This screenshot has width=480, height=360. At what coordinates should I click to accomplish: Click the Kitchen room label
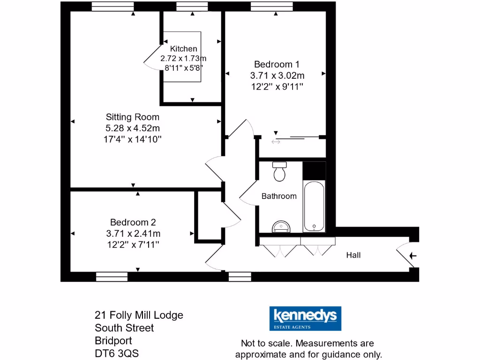click(x=183, y=49)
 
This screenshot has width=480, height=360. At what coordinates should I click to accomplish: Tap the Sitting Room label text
click(x=132, y=117)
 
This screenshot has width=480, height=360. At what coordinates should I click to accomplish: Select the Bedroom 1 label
click(x=277, y=64)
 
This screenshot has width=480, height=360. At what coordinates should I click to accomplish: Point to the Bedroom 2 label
click(x=133, y=223)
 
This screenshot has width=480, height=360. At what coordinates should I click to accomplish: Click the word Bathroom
click(x=279, y=196)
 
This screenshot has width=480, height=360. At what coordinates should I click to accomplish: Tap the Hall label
click(x=353, y=255)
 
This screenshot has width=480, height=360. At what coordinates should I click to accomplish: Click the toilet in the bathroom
click(x=280, y=172)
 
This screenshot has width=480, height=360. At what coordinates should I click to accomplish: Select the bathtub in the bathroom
click(x=314, y=207)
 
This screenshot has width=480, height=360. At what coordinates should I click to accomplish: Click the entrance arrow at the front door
click(x=413, y=256)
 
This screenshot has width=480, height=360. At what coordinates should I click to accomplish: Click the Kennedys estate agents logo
click(x=305, y=319)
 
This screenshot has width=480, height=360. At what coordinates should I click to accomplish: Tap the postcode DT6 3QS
click(x=117, y=353)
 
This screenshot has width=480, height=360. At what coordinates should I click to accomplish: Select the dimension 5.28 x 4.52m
click(x=132, y=128)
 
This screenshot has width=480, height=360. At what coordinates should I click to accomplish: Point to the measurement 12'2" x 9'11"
click(x=277, y=86)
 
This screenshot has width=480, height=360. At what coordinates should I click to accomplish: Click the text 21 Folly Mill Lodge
click(x=139, y=315)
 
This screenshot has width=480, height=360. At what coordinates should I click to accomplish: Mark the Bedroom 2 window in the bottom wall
click(x=112, y=277)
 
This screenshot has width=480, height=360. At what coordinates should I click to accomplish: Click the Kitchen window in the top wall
click(x=192, y=6)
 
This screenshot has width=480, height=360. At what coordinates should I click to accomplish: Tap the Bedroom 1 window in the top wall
click(x=271, y=6)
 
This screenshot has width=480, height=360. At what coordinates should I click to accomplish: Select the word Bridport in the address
click(x=113, y=340)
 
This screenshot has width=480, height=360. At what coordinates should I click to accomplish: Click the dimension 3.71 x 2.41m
click(x=133, y=233)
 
